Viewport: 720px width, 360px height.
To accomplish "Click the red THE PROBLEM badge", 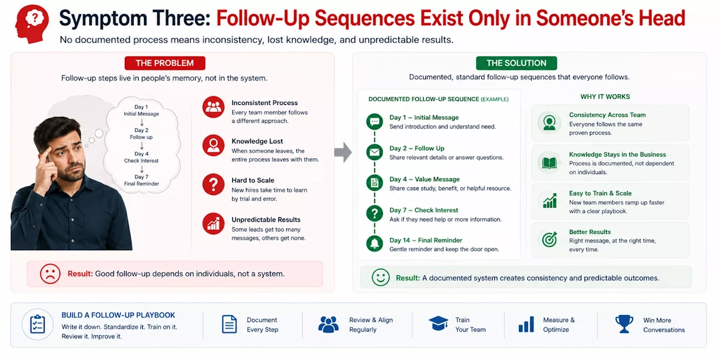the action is pyautogui.click(x=165, y=63).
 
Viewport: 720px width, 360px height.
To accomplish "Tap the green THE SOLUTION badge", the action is pyautogui.click(x=516, y=63).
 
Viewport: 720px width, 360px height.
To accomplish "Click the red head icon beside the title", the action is pyautogui.click(x=32, y=24).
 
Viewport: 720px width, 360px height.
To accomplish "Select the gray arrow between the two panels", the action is pyautogui.click(x=343, y=152).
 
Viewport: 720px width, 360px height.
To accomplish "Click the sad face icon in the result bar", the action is pyautogui.click(x=50, y=274).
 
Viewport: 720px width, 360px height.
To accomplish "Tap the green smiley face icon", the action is pyautogui.click(x=380, y=277).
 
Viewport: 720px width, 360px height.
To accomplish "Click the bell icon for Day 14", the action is pyautogui.click(x=374, y=244).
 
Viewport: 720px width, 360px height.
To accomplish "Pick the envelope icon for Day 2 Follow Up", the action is pyautogui.click(x=374, y=152).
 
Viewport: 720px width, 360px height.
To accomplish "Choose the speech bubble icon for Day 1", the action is pyautogui.click(x=374, y=121).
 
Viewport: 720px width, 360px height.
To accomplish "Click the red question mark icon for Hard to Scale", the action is pyautogui.click(x=214, y=185).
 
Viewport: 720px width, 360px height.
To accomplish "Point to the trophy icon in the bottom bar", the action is pyautogui.click(x=624, y=324).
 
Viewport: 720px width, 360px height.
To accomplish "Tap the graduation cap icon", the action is pyautogui.click(x=439, y=323).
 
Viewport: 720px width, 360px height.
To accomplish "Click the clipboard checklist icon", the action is pyautogui.click(x=37, y=325).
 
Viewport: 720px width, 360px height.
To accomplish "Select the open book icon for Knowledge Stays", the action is pyautogui.click(x=550, y=163).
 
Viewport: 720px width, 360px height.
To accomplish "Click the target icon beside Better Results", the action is pyautogui.click(x=550, y=239).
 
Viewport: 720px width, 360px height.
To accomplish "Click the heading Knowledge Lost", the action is pyautogui.click(x=257, y=141).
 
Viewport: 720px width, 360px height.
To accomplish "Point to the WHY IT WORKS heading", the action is pyautogui.click(x=605, y=97).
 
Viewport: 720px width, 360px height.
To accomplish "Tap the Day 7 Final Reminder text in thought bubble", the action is pyautogui.click(x=142, y=181).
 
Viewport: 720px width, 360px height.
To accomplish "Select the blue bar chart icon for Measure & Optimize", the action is pyautogui.click(x=526, y=324).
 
